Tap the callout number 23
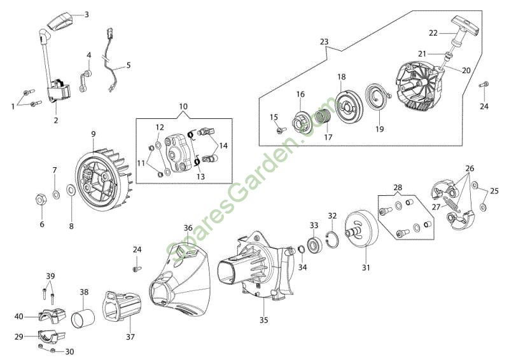(x=324, y=41)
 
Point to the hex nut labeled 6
(x=39, y=200)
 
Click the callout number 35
(x=263, y=320)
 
